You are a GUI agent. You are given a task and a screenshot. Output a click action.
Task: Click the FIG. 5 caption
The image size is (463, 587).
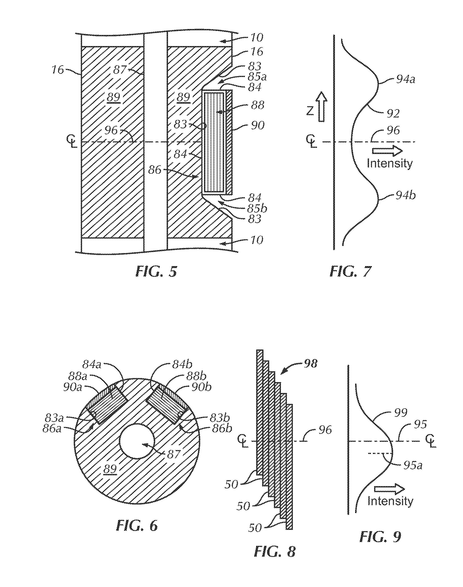(156, 271)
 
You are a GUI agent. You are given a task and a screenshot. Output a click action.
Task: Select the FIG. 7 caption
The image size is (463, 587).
(350, 271)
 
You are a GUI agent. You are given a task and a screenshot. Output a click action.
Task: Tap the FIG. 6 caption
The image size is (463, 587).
(137, 526)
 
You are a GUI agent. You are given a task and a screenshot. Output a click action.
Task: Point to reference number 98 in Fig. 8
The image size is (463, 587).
(310, 363)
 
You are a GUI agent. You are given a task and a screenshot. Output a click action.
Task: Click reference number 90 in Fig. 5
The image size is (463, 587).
(258, 125)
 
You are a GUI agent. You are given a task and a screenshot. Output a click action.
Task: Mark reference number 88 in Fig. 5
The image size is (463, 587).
(258, 105)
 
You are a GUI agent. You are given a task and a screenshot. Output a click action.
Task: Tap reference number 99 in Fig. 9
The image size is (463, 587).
(401, 412)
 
